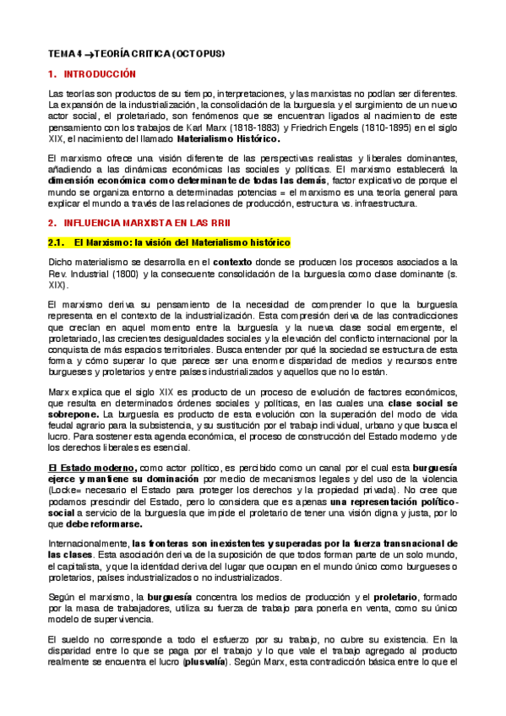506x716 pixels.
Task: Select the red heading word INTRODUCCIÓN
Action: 100,74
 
